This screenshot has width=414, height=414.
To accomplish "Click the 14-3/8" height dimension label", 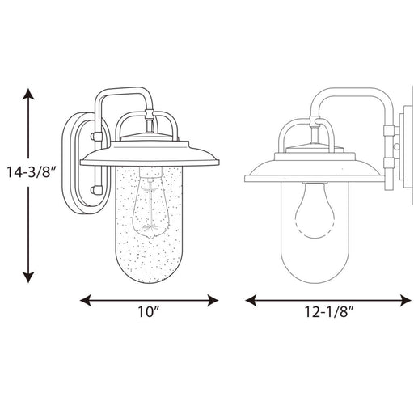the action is [x=31, y=172].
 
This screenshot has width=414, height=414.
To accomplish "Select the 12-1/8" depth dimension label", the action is [x=329, y=311].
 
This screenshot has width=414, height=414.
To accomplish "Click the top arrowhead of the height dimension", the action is [x=28, y=94].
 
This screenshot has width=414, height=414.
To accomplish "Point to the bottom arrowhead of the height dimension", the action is [x=28, y=277].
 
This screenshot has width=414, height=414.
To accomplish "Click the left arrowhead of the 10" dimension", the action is [x=86, y=300].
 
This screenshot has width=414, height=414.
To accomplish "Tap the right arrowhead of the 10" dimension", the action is [x=213, y=300].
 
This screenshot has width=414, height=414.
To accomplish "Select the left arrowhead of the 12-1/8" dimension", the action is [x=251, y=300].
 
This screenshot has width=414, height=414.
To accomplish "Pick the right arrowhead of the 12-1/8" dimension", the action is [x=406, y=300].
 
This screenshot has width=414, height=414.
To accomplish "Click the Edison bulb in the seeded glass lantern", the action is [x=150, y=203].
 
